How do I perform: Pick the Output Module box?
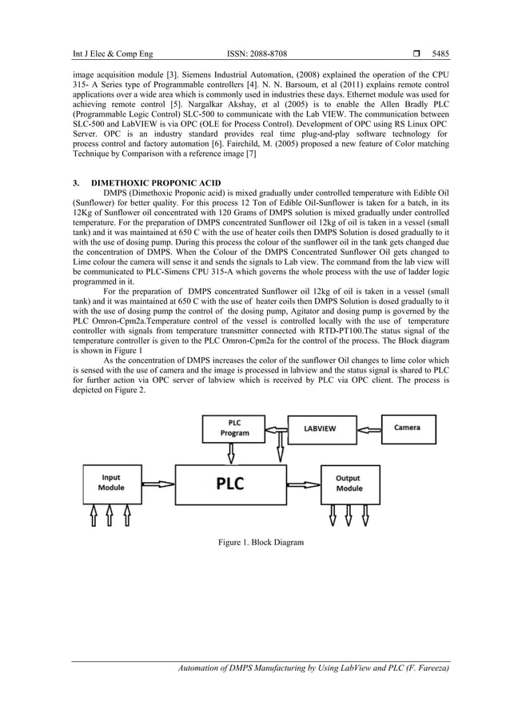(349, 483)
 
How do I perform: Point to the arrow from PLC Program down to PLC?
(231, 454)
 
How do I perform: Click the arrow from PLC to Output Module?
(305, 483)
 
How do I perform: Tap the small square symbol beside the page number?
(408, 55)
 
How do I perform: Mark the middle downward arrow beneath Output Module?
(349, 519)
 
